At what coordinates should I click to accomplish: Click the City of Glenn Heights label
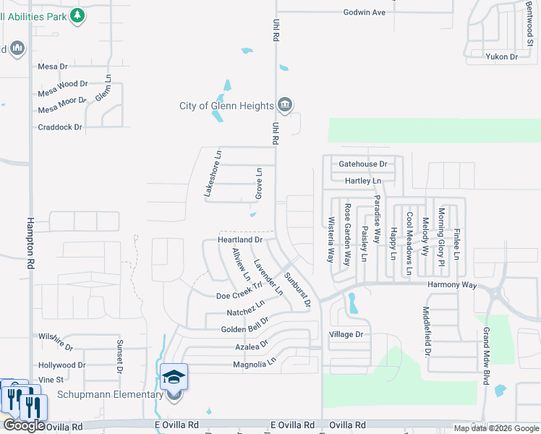pyautogui.click(x=226, y=106)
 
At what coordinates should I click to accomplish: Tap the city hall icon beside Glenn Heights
pyautogui.click(x=285, y=106)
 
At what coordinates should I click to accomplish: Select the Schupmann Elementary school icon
pyautogui.click(x=174, y=378)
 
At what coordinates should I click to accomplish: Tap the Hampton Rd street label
pyautogui.click(x=30, y=234)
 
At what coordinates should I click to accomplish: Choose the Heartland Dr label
pyautogui.click(x=239, y=239)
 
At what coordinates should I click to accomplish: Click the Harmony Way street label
pyautogui.click(x=452, y=286)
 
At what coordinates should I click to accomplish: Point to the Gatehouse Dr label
pyautogui.click(x=362, y=164)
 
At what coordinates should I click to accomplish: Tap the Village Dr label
pyautogui.click(x=346, y=335)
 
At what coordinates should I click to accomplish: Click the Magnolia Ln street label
pyautogui.click(x=254, y=364)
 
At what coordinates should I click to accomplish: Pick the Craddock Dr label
pyautogui.click(x=60, y=127)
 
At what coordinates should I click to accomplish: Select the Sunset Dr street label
pyautogui.click(x=118, y=352)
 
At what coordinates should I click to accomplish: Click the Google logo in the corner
pyautogui.click(x=24, y=426)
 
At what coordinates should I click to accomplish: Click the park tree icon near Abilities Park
pyautogui.click(x=78, y=15)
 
